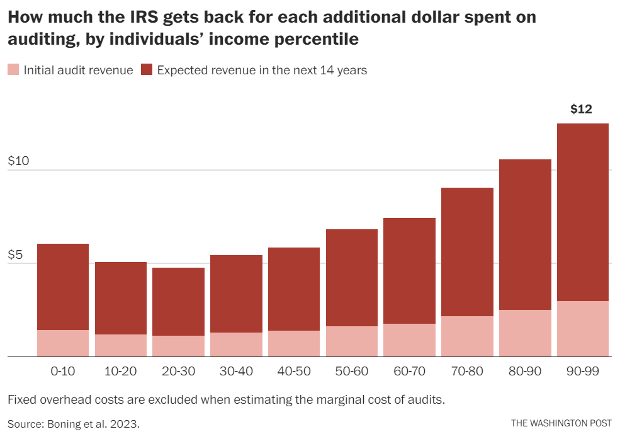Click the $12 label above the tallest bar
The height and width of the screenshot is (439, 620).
click(x=581, y=109)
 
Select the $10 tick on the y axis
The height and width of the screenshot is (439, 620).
click(x=19, y=161)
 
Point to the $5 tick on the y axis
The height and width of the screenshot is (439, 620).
click(x=16, y=255)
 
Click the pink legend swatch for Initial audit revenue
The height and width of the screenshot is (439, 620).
click(x=13, y=70)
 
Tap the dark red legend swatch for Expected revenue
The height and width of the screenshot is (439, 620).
click(x=147, y=70)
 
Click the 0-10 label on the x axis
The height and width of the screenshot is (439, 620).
click(x=63, y=371)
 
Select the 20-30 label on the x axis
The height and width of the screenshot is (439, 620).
click(x=178, y=371)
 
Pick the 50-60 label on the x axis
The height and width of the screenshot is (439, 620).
click(x=351, y=371)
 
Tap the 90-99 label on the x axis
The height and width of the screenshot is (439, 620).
click(x=582, y=371)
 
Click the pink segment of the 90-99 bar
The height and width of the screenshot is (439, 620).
click(x=583, y=329)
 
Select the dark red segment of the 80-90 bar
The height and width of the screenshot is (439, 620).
click(x=525, y=234)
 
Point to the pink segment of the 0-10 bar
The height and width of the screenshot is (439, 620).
click(x=63, y=343)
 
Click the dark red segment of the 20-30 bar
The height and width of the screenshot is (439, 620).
click(x=178, y=302)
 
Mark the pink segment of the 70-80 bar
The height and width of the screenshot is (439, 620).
click(x=467, y=336)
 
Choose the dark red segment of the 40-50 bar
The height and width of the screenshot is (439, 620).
click(x=294, y=289)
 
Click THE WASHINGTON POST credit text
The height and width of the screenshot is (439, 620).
click(x=561, y=423)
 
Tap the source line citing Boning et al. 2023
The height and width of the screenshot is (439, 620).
click(x=74, y=423)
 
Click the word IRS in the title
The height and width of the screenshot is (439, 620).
click(x=142, y=17)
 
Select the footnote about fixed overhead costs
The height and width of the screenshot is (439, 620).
click(x=226, y=400)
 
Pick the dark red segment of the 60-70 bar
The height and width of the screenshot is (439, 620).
click(x=409, y=271)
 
